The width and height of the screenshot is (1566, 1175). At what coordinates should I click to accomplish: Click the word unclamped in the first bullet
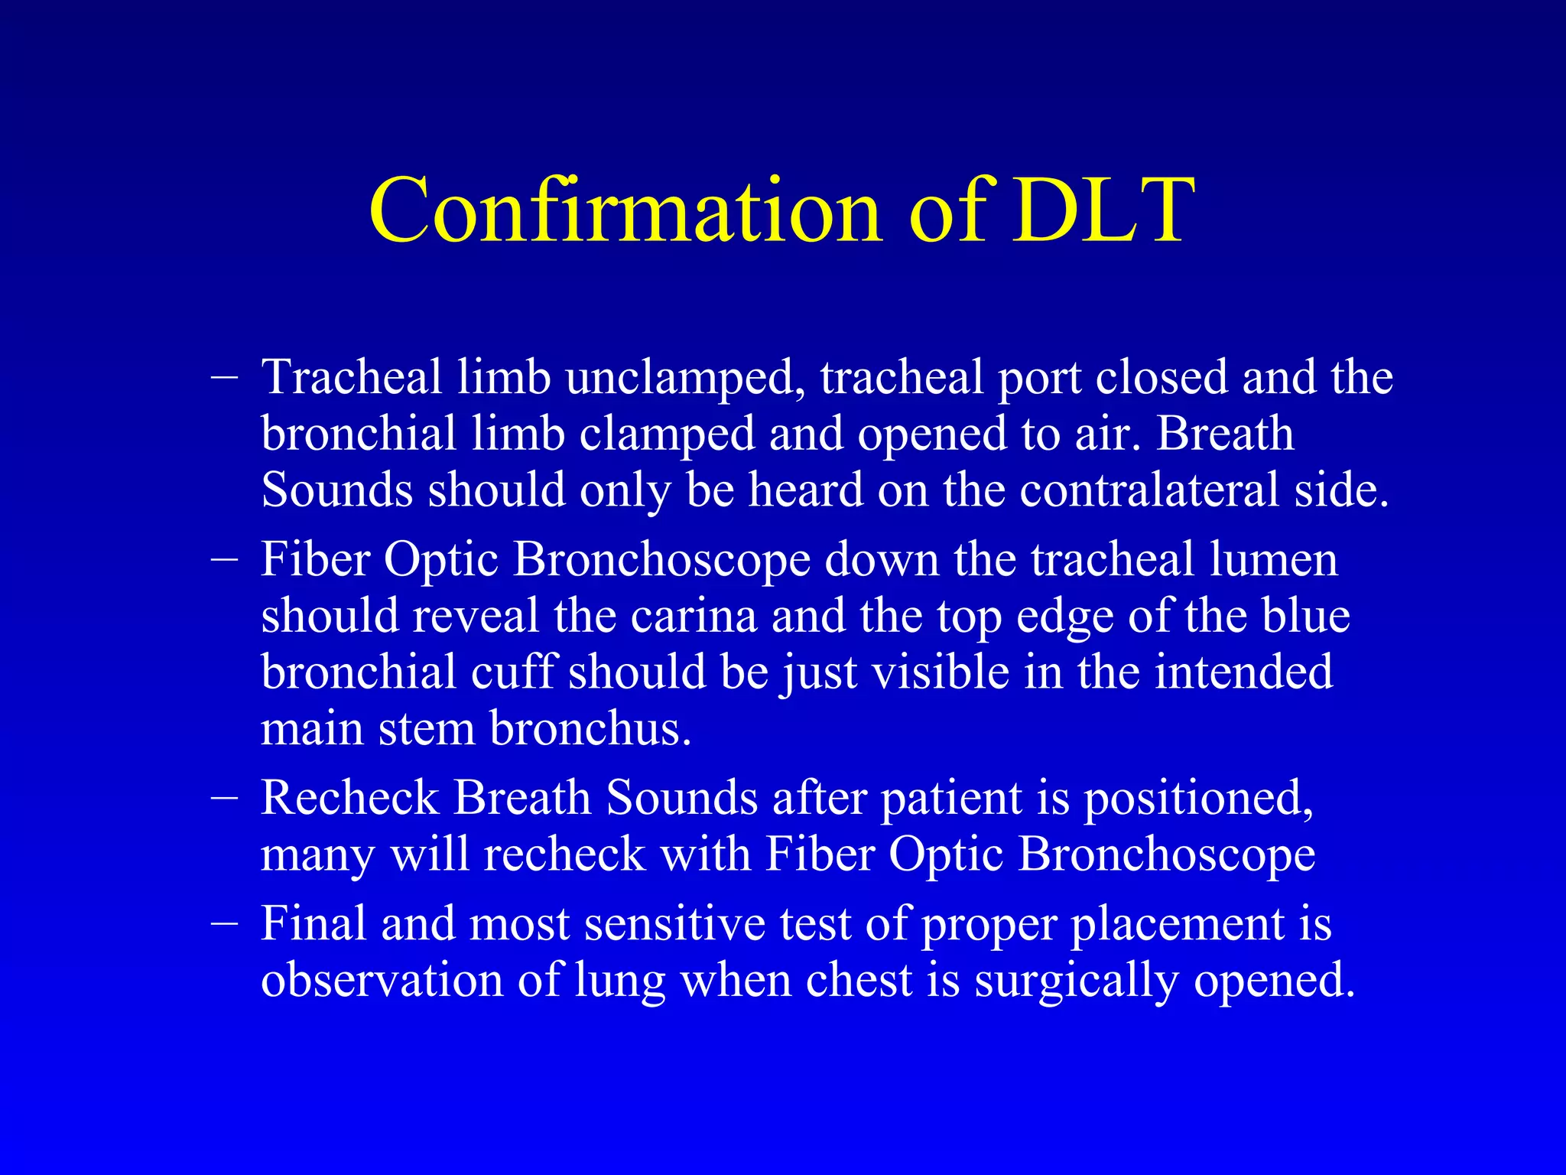[684, 379]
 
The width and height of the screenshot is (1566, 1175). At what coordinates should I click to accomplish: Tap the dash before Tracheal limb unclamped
[224, 377]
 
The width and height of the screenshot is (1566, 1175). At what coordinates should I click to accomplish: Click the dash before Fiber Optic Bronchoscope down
[224, 559]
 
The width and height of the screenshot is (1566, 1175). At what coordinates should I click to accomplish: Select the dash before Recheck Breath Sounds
[224, 798]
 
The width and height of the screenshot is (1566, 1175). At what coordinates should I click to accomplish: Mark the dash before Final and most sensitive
[224, 923]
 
